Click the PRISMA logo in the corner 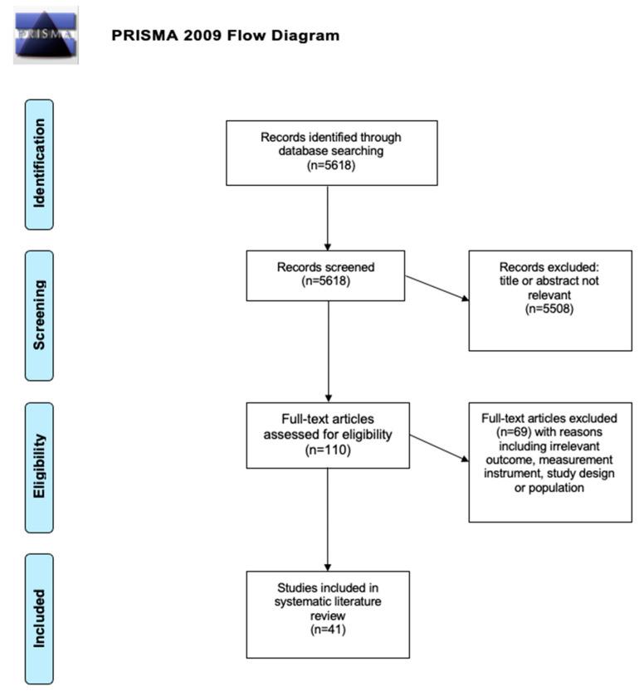click(46, 36)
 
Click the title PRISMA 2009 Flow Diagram click(225, 36)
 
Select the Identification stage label click(39, 164)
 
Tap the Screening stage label click(39, 315)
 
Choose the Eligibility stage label click(39, 467)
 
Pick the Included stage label click(39, 618)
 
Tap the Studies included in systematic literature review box click(328, 614)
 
